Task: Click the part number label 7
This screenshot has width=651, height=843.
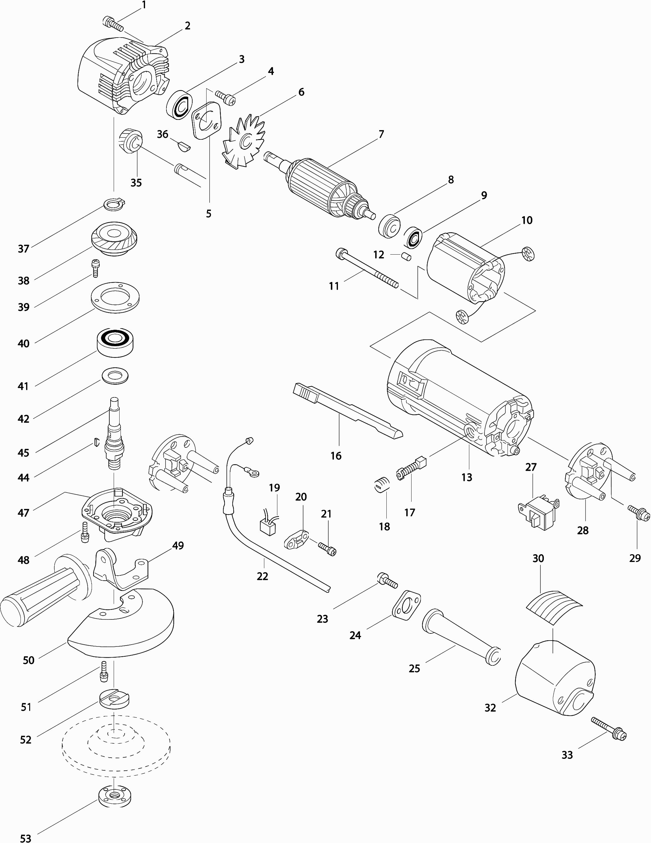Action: (381, 134)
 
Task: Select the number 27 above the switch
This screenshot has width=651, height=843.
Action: (531, 467)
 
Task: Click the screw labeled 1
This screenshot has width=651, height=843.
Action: (113, 24)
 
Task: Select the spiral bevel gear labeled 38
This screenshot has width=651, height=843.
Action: (114, 238)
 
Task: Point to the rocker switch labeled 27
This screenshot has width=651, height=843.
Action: (538, 513)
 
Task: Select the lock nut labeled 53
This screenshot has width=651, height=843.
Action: (115, 797)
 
